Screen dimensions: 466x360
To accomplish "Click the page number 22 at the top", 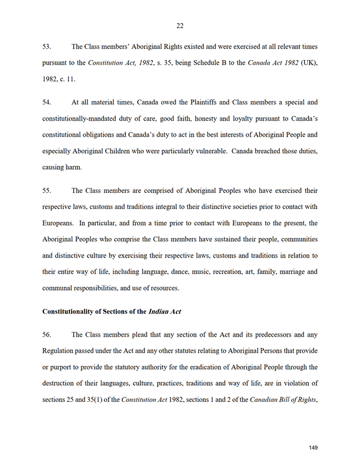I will (180, 25).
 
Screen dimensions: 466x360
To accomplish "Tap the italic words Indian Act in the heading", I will (165, 311).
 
